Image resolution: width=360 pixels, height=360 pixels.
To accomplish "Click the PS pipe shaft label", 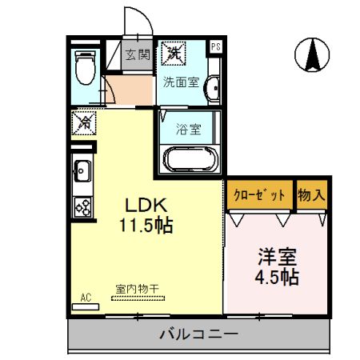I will pyautogui.click(x=215, y=47).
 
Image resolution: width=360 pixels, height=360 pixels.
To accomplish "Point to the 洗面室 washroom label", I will pyautogui.click(x=181, y=81).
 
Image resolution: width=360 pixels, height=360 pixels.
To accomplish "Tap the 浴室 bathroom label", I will pyautogui.click(x=188, y=126).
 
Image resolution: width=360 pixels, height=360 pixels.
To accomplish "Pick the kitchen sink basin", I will pyautogui.click(x=82, y=170).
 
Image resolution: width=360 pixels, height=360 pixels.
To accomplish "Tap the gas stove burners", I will pyautogui.click(x=83, y=206).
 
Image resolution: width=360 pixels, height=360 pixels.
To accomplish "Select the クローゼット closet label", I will pyautogui.click(x=259, y=193).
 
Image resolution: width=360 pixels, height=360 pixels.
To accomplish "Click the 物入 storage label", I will pyautogui.click(x=312, y=193).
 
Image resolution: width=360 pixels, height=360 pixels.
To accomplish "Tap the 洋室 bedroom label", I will pyautogui.click(x=277, y=258).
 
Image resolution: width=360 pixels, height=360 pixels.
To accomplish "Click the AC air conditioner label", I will pyautogui.click(x=86, y=298).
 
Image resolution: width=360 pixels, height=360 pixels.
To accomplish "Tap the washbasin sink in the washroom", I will pyautogui.click(x=212, y=88).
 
